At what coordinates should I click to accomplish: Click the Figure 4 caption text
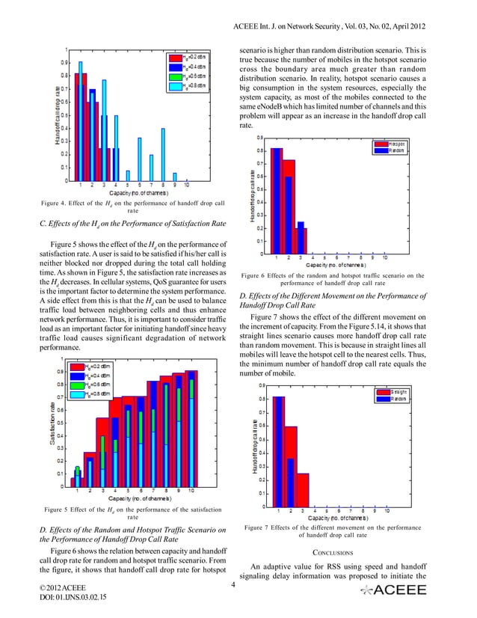pyautogui.click(x=123, y=207)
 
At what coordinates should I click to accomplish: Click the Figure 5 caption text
pyautogui.click(x=123, y=513)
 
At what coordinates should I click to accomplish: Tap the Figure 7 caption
pyautogui.click(x=334, y=530)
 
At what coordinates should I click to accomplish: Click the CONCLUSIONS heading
pyautogui.click(x=335, y=553)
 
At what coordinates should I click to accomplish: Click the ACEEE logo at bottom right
pyautogui.click(x=393, y=590)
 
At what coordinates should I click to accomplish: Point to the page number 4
pyautogui.click(x=234, y=584)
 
